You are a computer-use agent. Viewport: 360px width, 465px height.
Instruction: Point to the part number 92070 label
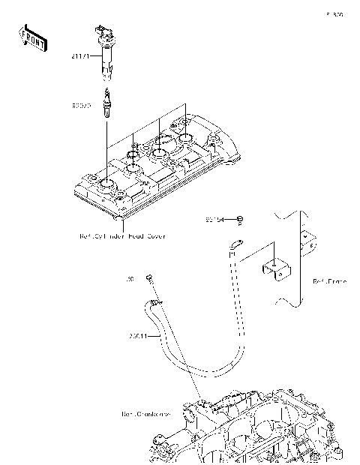82,106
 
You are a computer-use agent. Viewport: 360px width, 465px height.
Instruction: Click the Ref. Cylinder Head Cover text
122,235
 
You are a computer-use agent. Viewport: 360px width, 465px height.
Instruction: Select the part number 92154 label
216,220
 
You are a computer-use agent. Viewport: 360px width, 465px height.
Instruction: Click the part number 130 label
130,279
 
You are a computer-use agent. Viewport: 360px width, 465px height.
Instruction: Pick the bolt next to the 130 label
150,279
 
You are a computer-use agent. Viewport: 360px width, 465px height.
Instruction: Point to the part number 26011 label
139,335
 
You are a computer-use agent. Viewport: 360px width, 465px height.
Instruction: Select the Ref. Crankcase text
145,413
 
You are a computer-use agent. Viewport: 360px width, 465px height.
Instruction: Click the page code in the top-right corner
334,14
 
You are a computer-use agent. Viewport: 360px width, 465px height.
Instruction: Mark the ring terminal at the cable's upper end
237,242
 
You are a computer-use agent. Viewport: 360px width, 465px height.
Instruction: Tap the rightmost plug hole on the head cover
184,139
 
